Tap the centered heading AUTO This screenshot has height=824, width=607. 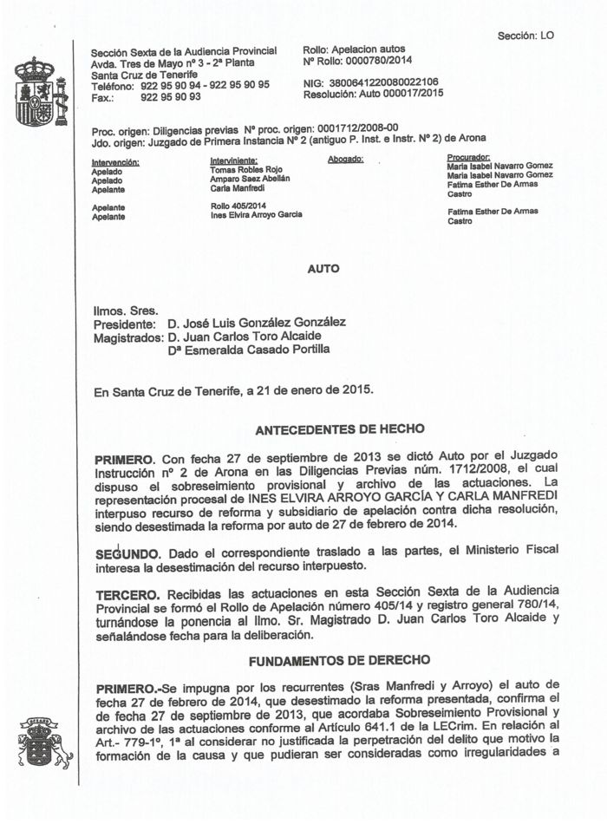point(323,269)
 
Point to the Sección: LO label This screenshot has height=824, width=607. point(525,36)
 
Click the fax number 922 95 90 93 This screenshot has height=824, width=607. point(171,96)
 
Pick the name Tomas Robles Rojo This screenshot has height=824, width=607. point(246,169)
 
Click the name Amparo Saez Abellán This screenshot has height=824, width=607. point(250,179)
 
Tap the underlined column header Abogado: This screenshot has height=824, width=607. point(345,160)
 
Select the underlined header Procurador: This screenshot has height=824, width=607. point(469,157)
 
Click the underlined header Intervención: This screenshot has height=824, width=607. point(115,161)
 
